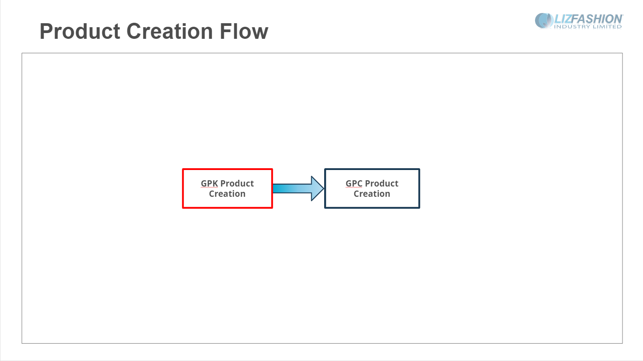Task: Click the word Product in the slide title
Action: pos(80,31)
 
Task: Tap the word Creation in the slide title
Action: pos(169,31)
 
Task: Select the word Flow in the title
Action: pos(244,31)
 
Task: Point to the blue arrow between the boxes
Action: pos(298,188)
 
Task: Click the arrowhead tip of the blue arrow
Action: pos(324,188)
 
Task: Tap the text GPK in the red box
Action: pos(209,183)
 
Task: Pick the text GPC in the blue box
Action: pos(354,183)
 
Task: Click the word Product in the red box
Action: pos(237,183)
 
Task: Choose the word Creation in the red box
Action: pos(227,194)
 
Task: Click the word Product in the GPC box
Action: pos(382,183)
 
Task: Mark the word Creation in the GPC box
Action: pos(372,194)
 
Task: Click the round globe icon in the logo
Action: pos(544,21)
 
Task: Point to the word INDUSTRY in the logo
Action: pos(572,27)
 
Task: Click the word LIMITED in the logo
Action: pos(606,27)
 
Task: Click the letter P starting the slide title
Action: pos(45,31)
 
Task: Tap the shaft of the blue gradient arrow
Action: pos(292,188)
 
